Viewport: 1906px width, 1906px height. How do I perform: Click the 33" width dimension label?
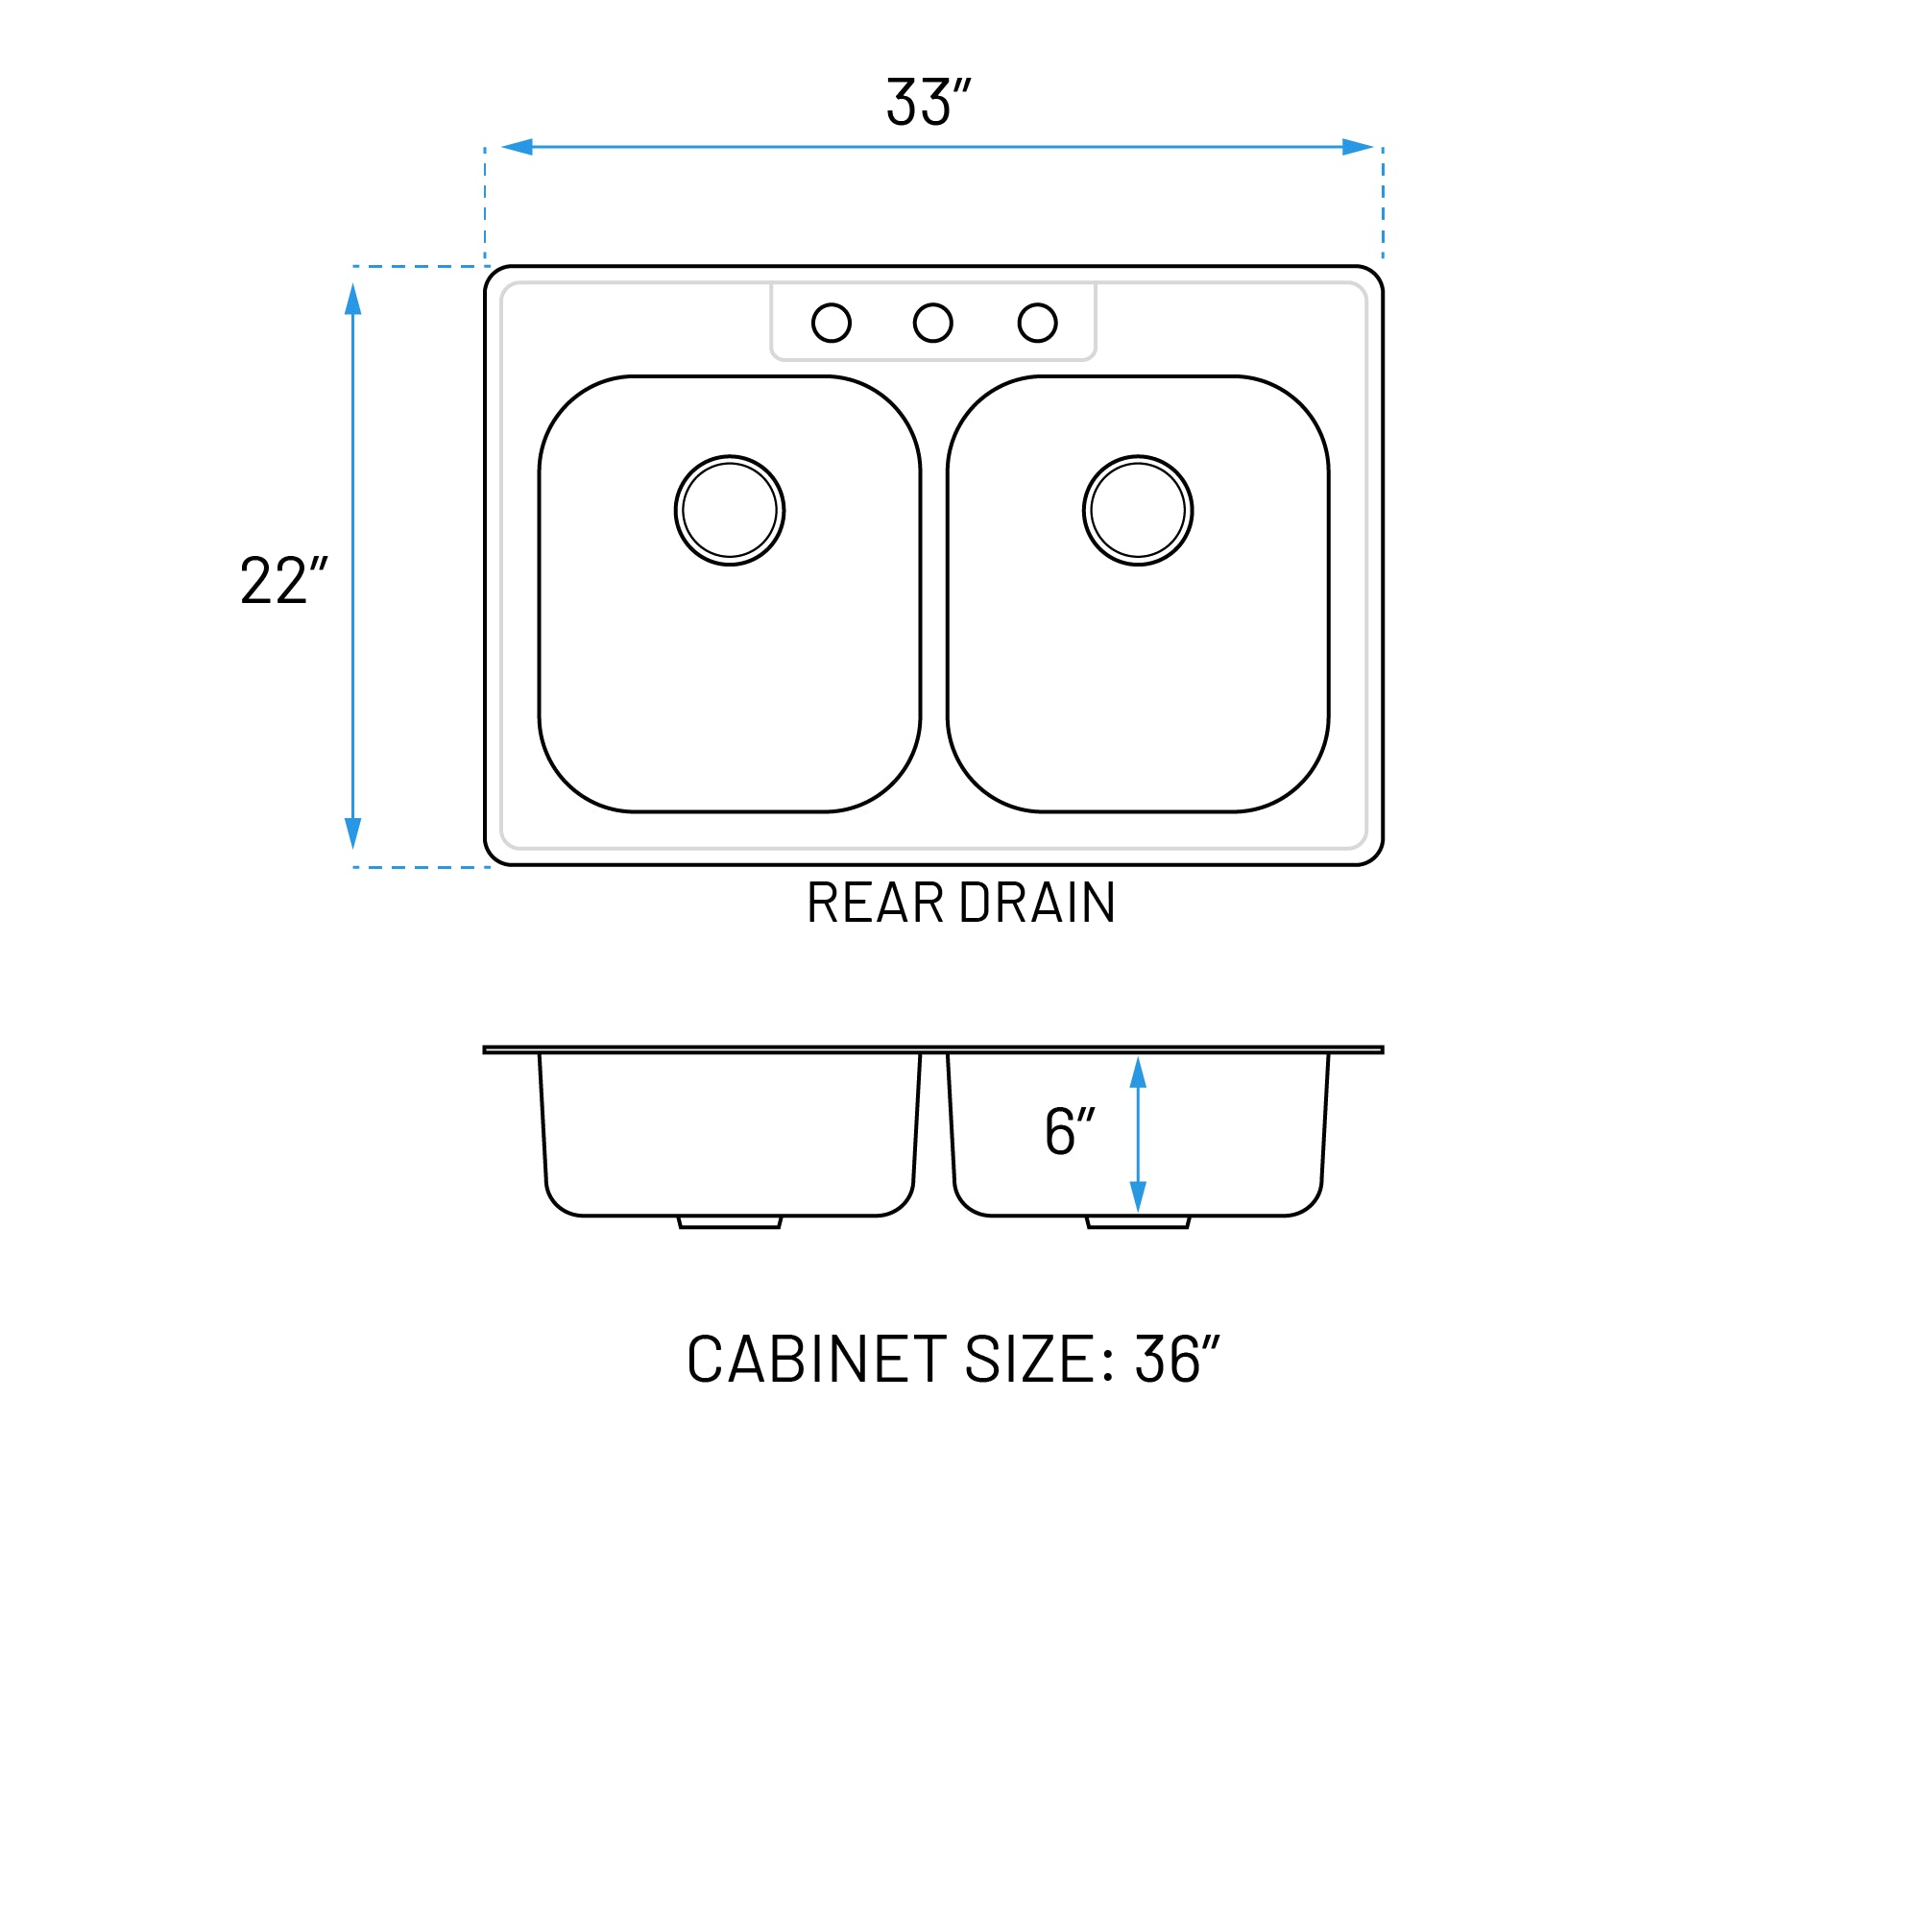point(928,103)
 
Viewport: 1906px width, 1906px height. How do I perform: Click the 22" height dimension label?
point(283,581)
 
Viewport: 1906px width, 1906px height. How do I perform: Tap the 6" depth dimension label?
point(1070,1130)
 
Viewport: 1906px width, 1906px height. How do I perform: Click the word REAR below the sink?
point(874,903)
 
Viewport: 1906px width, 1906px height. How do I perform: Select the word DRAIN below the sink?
point(1037,903)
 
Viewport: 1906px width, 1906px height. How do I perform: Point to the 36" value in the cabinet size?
point(1177,1360)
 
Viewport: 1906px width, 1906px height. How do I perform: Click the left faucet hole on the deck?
point(831,323)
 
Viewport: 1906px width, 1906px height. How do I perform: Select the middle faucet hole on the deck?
point(932,323)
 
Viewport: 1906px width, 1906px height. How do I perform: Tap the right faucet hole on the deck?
point(1037,323)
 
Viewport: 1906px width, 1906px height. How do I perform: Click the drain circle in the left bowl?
point(729,510)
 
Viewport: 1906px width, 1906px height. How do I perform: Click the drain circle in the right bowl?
point(1138,510)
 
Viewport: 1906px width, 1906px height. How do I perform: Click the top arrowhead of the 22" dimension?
point(353,299)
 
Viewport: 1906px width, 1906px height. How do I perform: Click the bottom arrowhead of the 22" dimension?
point(353,832)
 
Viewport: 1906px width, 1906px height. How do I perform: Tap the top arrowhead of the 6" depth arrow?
point(1138,1074)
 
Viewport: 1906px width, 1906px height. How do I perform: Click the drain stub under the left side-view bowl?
point(730,1222)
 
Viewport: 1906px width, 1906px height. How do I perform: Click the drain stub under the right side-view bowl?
point(1138,1222)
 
